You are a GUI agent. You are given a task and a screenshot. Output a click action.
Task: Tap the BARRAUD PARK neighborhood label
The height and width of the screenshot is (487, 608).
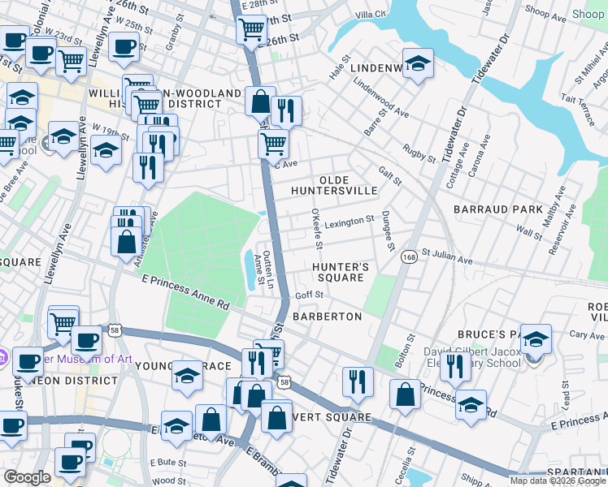coord(498,209)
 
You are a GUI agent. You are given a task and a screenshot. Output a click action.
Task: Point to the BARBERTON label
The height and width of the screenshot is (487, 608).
coord(327,316)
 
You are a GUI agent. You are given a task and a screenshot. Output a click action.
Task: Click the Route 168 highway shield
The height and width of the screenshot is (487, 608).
coord(408,256)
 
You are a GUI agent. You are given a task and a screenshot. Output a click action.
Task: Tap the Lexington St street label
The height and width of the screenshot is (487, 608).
coord(349,220)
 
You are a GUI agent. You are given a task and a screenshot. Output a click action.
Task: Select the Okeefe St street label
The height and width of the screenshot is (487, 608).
coord(318,228)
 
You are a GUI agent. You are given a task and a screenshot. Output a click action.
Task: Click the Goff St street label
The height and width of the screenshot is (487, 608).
coord(309,295)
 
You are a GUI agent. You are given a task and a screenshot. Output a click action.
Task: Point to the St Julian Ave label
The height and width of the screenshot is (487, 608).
coord(447,257)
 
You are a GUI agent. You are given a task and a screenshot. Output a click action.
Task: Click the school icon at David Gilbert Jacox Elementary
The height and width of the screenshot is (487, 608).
coord(536,339)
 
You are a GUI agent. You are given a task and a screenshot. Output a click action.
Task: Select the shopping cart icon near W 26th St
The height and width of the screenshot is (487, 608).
coord(252,29)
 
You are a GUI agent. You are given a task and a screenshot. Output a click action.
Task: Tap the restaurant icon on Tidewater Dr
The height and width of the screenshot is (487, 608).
coord(358,381)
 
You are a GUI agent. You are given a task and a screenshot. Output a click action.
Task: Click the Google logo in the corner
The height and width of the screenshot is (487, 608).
coord(28,477)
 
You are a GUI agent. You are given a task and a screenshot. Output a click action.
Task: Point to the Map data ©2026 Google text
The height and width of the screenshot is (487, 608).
coord(557,481)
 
